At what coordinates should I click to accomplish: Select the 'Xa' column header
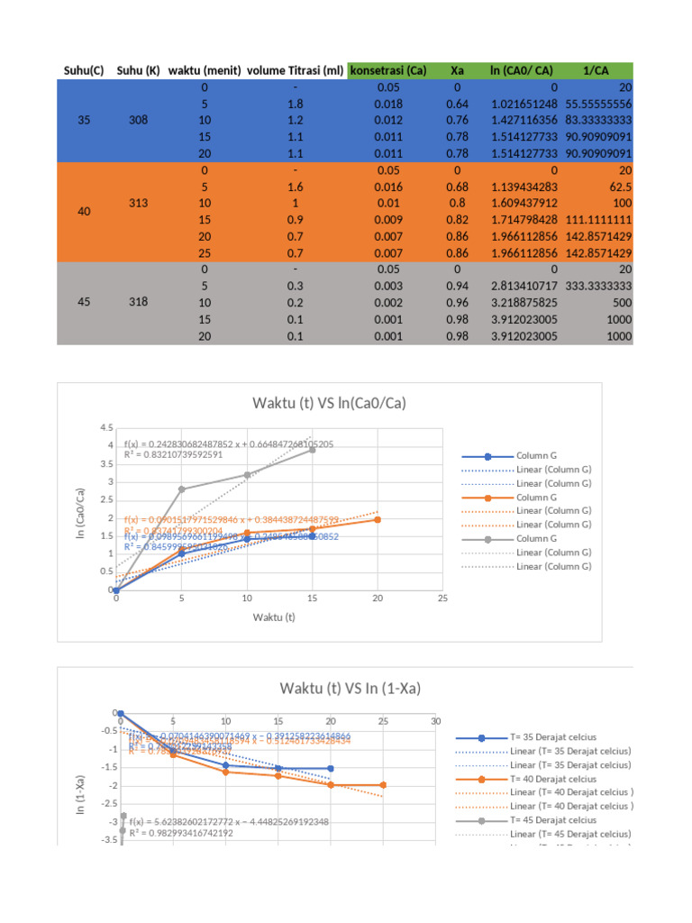(457, 70)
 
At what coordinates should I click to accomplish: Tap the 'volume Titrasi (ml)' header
(295, 70)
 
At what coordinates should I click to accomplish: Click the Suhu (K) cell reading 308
(138, 120)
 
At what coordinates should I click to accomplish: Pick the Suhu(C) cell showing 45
(84, 302)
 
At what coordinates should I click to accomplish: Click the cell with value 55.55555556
(598, 104)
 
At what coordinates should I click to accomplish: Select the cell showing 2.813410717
(526, 286)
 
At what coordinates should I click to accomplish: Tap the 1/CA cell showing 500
(621, 302)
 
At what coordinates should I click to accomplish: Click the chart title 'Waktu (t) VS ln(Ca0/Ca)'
(328, 404)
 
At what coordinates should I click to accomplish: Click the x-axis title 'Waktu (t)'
(274, 617)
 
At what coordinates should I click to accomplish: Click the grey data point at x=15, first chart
(313, 449)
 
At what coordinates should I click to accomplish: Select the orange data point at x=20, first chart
(378, 519)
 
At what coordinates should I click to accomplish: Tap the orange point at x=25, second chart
(383, 785)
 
